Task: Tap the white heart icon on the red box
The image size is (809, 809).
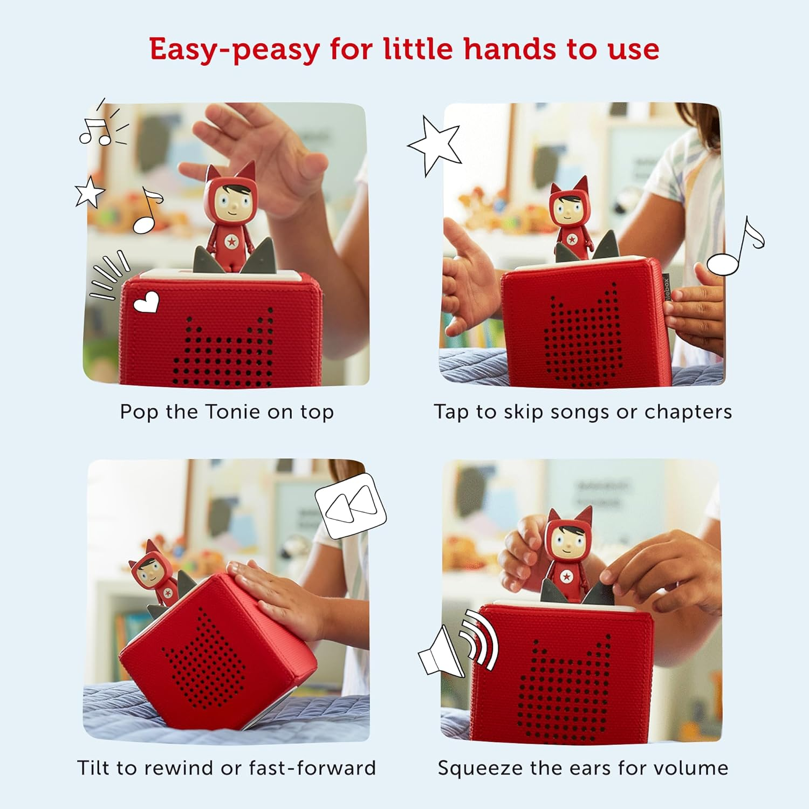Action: pyautogui.click(x=146, y=302)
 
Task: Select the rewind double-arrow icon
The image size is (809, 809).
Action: pyautogui.click(x=351, y=505)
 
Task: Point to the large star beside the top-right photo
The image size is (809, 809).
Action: pyautogui.click(x=435, y=144)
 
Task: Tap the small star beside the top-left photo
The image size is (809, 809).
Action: pyautogui.click(x=90, y=192)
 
